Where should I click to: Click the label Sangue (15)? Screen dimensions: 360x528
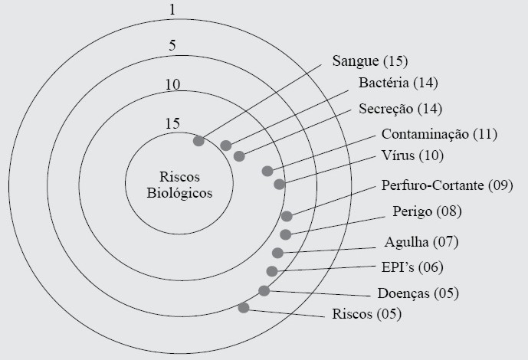(369, 61)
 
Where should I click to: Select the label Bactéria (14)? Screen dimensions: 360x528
(398, 83)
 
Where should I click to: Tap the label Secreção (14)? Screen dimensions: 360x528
(400, 108)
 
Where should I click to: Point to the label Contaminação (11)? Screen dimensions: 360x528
(439, 134)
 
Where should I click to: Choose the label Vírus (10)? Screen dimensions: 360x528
(412, 155)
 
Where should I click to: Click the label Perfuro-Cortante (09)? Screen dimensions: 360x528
(446, 185)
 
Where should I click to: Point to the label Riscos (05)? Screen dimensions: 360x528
(366, 313)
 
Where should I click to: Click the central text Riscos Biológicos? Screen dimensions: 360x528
(180, 182)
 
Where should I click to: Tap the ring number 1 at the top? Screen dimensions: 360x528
(172, 11)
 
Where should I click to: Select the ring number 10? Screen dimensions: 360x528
(172, 84)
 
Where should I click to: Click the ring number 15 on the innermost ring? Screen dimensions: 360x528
(172, 123)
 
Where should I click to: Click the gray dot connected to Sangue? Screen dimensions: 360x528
(198, 141)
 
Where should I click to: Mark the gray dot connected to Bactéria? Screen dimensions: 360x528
(226, 146)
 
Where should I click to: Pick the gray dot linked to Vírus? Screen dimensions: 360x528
(280, 184)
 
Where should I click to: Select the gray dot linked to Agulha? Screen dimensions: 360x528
(277, 253)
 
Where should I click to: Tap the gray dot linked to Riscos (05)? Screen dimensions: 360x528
(244, 308)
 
